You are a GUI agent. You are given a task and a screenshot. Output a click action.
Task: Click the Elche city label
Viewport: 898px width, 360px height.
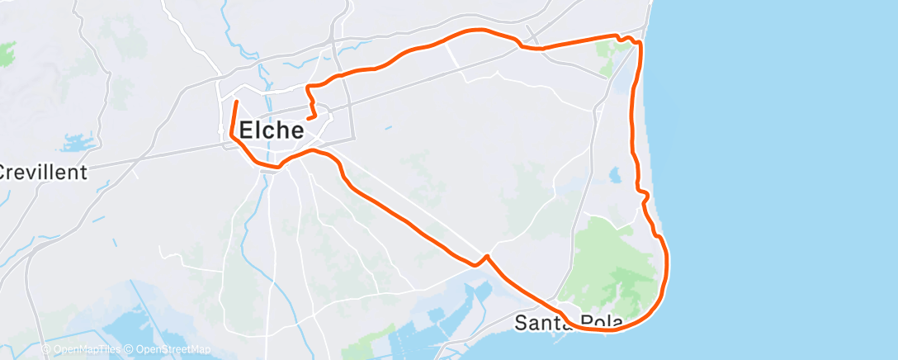(x=272, y=130)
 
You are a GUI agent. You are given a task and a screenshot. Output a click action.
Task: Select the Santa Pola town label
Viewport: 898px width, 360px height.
(x=568, y=322)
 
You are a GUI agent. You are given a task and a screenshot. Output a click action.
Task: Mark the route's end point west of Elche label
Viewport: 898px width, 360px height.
(x=237, y=102)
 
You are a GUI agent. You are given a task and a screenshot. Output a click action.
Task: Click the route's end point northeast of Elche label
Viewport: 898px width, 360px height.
(x=308, y=119)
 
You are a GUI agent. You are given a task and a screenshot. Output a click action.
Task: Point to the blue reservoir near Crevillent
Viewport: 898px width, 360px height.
(x=77, y=144)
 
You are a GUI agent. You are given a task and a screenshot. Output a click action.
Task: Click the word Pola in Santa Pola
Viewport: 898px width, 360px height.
(x=598, y=322)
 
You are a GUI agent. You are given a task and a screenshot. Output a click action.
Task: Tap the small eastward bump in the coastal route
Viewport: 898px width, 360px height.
(x=646, y=195)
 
